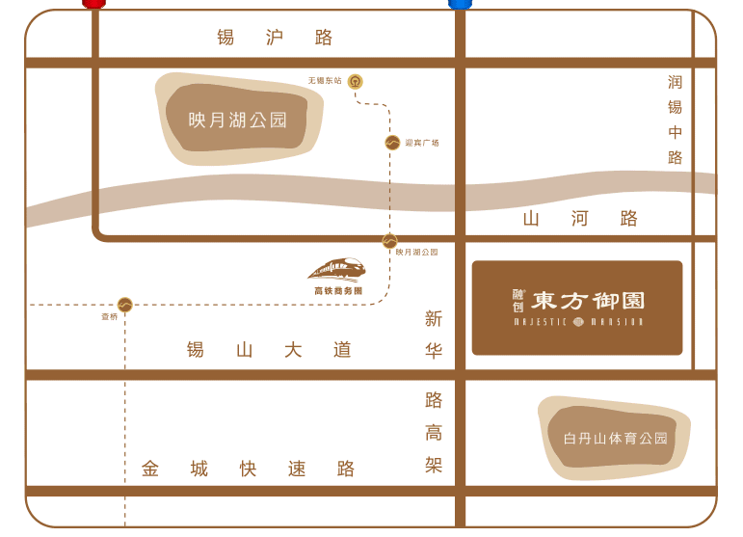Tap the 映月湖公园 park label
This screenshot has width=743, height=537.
pyautogui.click(x=238, y=121)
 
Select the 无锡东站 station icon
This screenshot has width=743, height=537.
pyautogui.click(x=356, y=81)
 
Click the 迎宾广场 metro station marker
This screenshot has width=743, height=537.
pyautogui.click(x=392, y=143)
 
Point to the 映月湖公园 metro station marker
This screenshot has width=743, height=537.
pyautogui.click(x=389, y=241)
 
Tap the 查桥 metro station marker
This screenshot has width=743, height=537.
pyautogui.click(x=124, y=305)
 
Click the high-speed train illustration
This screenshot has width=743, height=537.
pyautogui.click(x=337, y=268)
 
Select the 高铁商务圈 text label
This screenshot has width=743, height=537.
pyautogui.click(x=338, y=290)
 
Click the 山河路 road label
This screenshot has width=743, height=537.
pyautogui.click(x=580, y=219)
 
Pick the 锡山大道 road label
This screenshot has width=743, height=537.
pyautogui.click(x=270, y=350)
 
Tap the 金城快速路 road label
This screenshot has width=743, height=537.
pyautogui.click(x=248, y=470)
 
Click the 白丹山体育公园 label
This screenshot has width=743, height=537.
pyautogui.click(x=615, y=439)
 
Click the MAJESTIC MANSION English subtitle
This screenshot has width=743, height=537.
pyautogui.click(x=577, y=322)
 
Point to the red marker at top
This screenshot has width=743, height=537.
pyautogui.click(x=94, y=4)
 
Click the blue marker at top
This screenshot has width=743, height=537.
pyautogui.click(x=461, y=4)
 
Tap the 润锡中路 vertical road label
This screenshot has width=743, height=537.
pyautogui.click(x=675, y=120)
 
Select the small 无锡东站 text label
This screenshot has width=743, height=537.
pyautogui.click(x=325, y=81)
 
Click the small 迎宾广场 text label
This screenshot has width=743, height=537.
pyautogui.click(x=422, y=143)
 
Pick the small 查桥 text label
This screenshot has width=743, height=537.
pyautogui.click(x=110, y=316)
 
